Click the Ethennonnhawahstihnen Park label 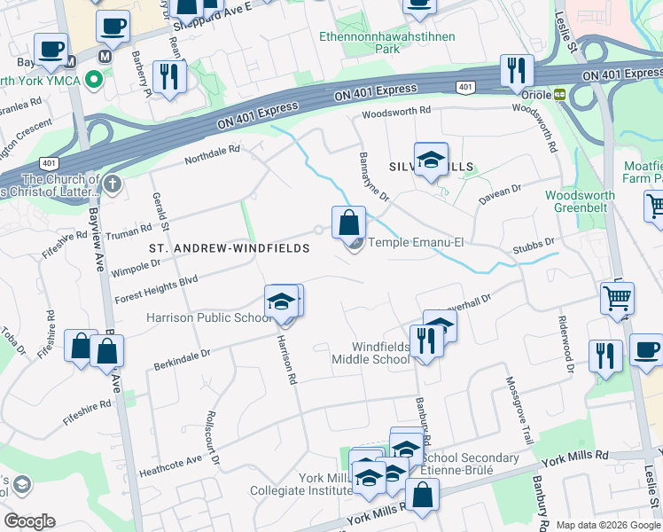point(387,43)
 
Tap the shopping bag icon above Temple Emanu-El point(349,222)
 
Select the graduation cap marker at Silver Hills point(431,160)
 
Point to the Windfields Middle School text point(370,352)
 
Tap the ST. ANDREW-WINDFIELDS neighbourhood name point(229,249)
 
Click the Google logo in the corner point(29,521)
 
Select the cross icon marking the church point(111,184)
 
